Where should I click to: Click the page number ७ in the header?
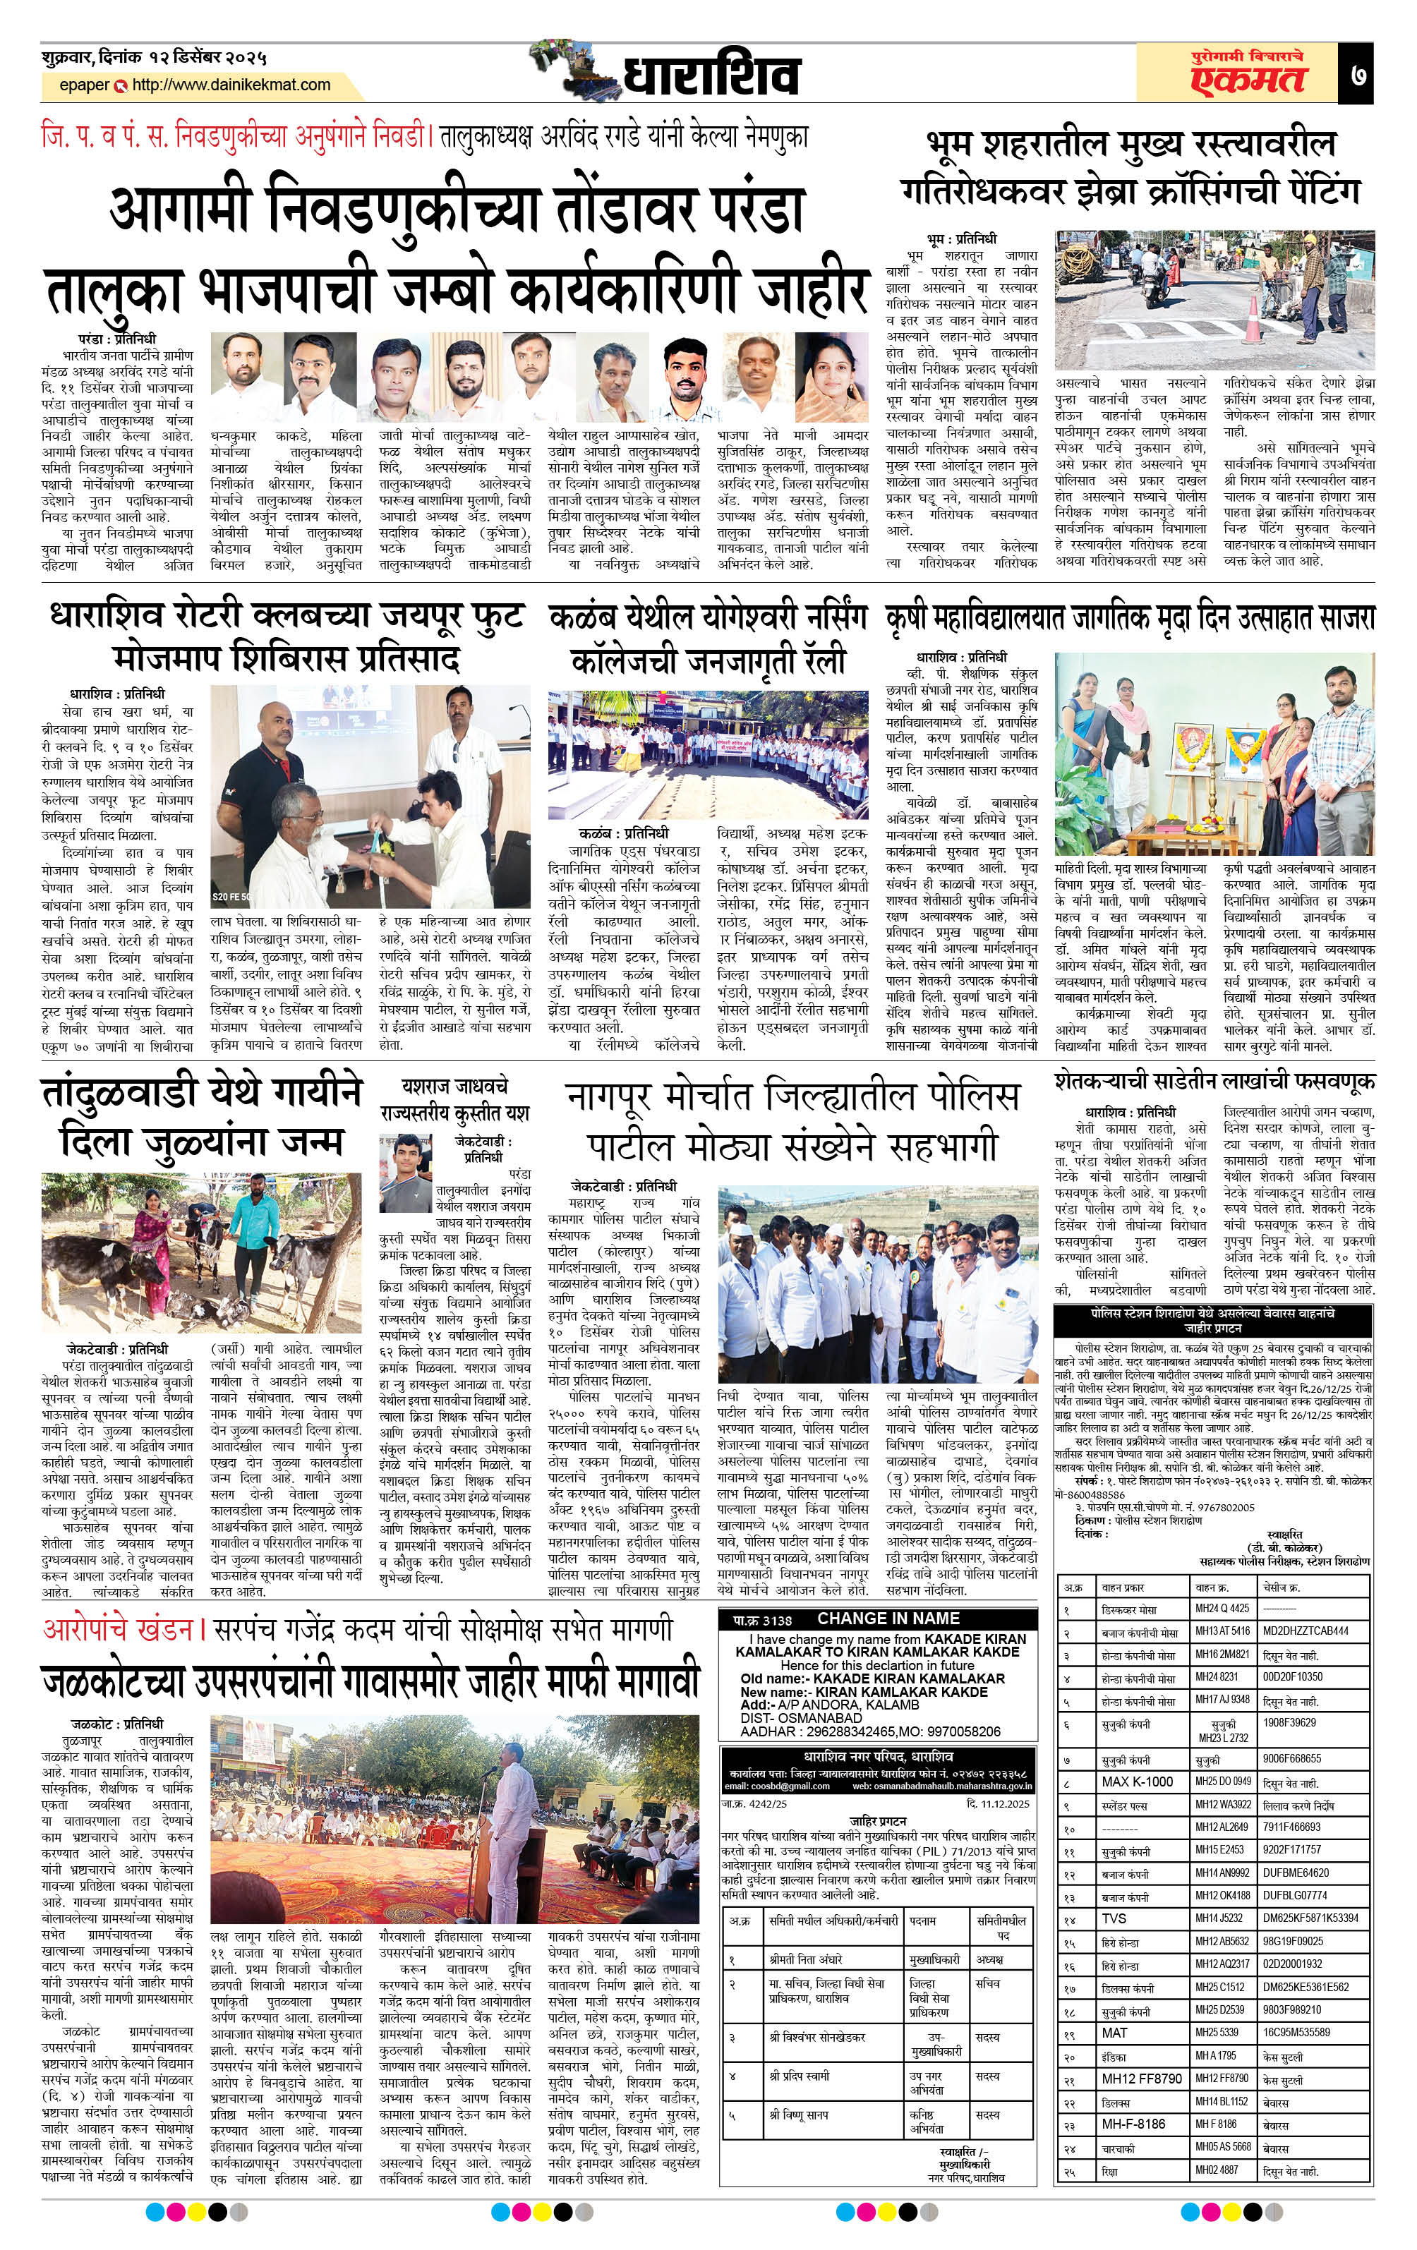pyautogui.click(x=1358, y=75)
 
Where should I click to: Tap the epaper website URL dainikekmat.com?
pyautogui.click(x=231, y=85)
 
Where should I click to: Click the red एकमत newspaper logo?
pyautogui.click(x=1248, y=80)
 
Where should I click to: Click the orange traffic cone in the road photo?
pyautogui.click(x=1253, y=322)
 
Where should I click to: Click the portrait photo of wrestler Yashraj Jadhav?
pyautogui.click(x=405, y=1173)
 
